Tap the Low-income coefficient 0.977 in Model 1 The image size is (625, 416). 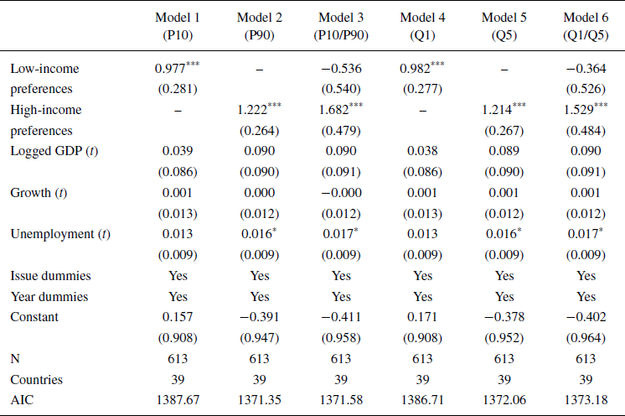[x=172, y=69]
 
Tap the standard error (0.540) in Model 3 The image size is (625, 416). [x=341, y=86]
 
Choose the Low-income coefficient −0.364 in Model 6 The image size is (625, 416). [x=586, y=69]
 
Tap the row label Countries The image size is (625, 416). [x=37, y=379]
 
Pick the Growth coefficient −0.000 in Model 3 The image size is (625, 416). [x=341, y=192]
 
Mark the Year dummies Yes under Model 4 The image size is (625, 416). [x=422, y=297]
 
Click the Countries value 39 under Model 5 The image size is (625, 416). [x=504, y=379]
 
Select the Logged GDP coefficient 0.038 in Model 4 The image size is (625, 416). [x=422, y=152]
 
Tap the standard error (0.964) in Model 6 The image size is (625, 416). [x=586, y=339]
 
